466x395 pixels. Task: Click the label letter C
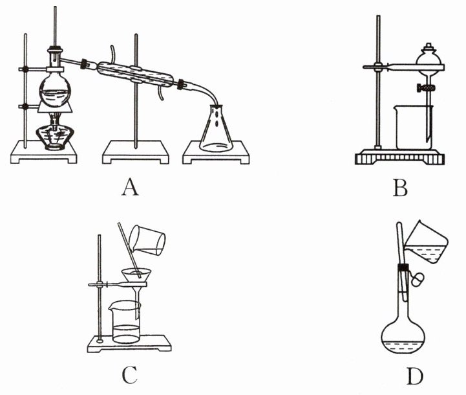click(x=129, y=374)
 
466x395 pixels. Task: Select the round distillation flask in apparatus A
click(x=53, y=88)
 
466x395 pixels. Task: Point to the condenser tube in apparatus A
click(x=136, y=73)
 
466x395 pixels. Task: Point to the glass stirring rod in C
click(x=129, y=253)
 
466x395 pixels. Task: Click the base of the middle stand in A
click(x=136, y=153)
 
